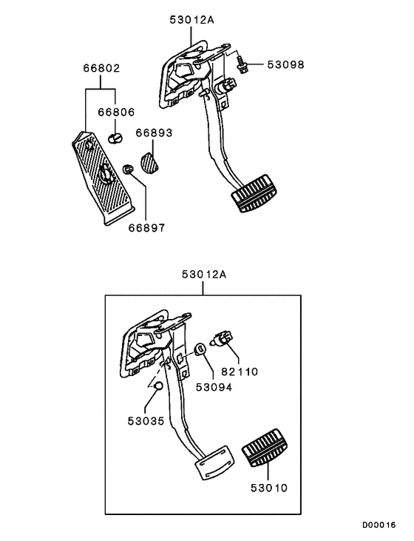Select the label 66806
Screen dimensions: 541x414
(116, 113)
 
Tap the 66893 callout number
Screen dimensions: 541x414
(154, 133)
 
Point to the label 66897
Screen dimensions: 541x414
(146, 228)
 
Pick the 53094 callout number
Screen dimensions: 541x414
(214, 386)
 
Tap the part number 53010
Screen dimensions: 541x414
(269, 488)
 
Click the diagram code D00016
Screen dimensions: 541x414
(379, 525)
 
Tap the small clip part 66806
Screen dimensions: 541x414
(115, 138)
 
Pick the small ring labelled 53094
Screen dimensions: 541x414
(199, 349)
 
